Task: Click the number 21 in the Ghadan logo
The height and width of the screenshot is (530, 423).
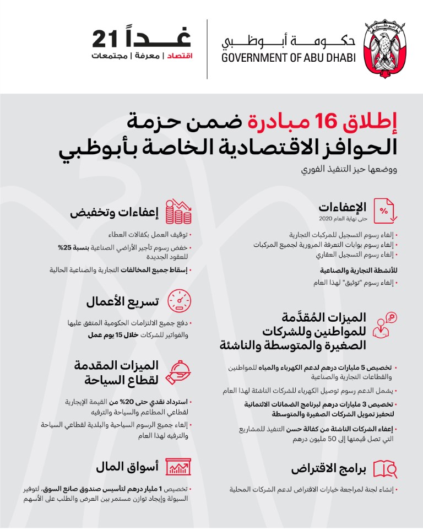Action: click(106, 39)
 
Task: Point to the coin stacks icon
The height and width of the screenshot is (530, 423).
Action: click(179, 212)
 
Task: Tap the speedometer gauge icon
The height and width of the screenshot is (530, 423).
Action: click(179, 301)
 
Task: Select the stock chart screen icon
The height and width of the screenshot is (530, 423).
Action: click(179, 468)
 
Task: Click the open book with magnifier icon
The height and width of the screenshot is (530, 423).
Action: click(386, 468)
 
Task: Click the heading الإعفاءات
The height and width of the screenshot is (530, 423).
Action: click(342, 207)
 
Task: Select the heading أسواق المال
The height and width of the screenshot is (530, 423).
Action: click(126, 468)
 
